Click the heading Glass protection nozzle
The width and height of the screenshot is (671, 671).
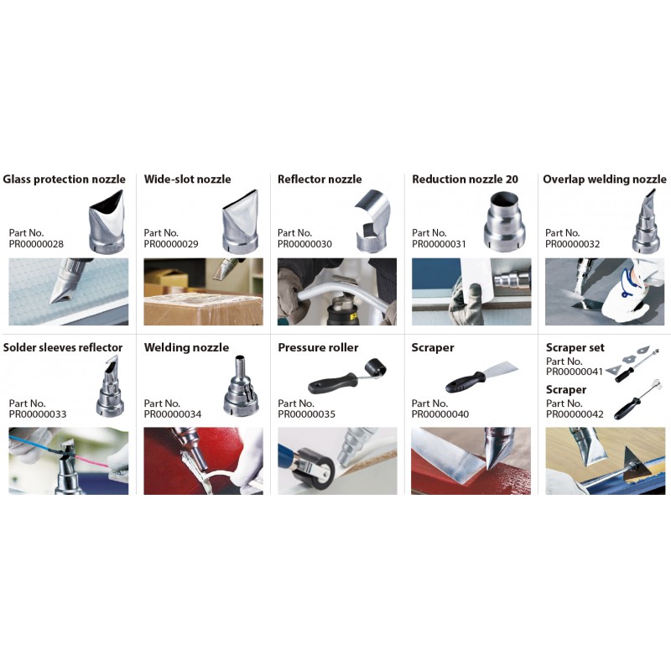(65, 179)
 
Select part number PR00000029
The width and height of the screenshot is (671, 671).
(171, 244)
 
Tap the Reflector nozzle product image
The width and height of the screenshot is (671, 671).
(372, 221)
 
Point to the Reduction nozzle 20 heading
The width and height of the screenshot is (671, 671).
(465, 179)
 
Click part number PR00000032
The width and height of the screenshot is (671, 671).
(572, 244)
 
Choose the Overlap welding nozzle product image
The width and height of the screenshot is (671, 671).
(646, 221)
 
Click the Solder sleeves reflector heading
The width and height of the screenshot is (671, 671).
(62, 347)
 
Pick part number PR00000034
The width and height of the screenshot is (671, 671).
(173, 414)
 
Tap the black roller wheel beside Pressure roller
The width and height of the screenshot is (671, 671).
(375, 367)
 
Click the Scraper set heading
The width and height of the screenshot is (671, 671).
(575, 347)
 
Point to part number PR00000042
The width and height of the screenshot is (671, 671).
(575, 414)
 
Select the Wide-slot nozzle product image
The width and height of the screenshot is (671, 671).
(241, 221)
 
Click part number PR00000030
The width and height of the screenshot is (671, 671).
(304, 244)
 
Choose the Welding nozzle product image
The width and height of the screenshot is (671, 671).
(242, 386)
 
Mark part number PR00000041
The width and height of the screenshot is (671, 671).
(574, 372)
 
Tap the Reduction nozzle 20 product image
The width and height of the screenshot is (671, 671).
(504, 221)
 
